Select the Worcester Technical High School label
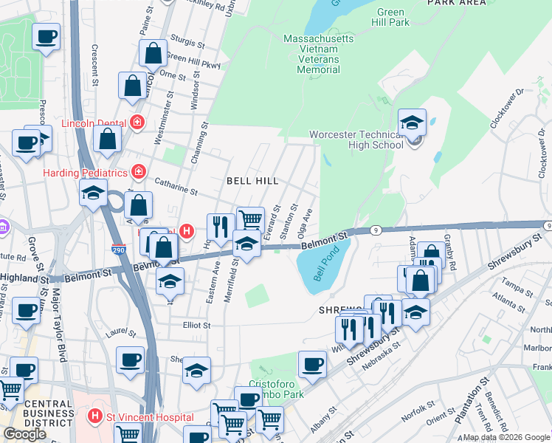(356, 140)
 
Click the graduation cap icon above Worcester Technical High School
(413, 123)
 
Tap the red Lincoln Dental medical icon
(136, 123)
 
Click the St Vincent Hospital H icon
(94, 417)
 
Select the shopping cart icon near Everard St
(250, 219)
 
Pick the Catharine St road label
(176, 187)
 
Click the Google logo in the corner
(24, 434)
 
